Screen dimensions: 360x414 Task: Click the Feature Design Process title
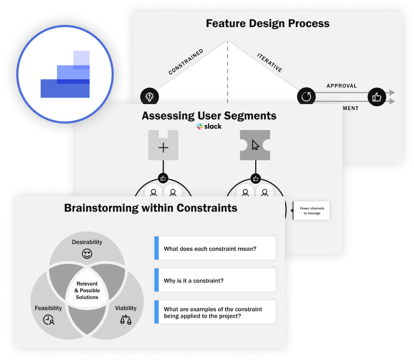pyautogui.click(x=267, y=23)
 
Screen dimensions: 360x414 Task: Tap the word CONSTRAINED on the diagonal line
pyautogui.click(x=186, y=61)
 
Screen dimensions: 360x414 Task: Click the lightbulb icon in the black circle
pyautogui.click(x=148, y=97)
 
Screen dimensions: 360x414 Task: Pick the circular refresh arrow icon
pyautogui.click(x=306, y=97)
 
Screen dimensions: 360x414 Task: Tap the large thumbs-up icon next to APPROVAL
pyautogui.click(x=376, y=97)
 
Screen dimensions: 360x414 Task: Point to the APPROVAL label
pyautogui.click(x=341, y=86)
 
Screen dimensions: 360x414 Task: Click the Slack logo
pyautogui.click(x=209, y=126)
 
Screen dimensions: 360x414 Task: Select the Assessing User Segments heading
pyautogui.click(x=209, y=115)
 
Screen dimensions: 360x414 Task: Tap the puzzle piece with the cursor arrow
pyautogui.click(x=255, y=145)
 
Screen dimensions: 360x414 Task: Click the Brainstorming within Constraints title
pyautogui.click(x=151, y=208)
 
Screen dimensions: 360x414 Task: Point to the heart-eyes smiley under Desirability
pyautogui.click(x=87, y=253)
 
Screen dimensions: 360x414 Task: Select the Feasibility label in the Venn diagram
pyautogui.click(x=48, y=308)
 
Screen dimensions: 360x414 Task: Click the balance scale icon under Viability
pyautogui.click(x=125, y=319)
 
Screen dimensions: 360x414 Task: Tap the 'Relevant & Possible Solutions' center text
pyautogui.click(x=87, y=290)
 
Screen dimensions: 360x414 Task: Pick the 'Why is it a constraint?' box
pyautogui.click(x=215, y=280)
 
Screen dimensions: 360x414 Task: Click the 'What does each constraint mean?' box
pyautogui.click(x=215, y=249)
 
